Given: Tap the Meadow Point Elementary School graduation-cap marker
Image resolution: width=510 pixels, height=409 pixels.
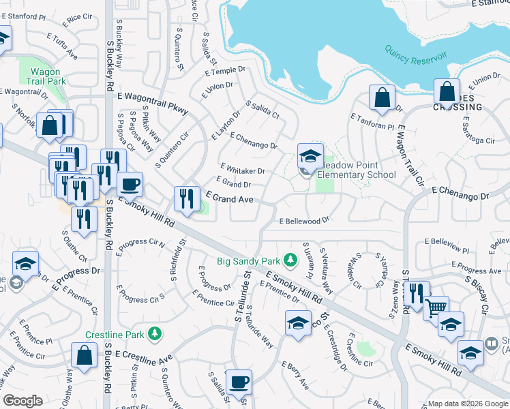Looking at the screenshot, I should (310, 157).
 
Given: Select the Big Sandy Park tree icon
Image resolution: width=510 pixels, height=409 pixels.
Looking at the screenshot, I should (290, 260).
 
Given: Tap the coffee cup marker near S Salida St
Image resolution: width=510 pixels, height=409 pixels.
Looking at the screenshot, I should (238, 382).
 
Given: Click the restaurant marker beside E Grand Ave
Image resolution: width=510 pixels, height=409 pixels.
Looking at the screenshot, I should (187, 199).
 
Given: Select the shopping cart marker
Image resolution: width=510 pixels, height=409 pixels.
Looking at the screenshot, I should (436, 307).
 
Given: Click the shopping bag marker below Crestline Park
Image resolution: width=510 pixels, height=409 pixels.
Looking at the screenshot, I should (84, 356).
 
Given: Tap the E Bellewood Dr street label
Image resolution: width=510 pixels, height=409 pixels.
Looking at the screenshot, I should (305, 221).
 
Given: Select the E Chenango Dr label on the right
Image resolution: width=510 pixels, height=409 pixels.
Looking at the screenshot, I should (460, 196).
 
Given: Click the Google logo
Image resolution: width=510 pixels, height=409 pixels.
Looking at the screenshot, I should (22, 401).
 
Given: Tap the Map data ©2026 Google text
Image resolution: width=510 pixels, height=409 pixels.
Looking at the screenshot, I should (467, 403).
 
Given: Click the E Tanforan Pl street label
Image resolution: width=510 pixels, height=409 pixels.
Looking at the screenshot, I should (372, 122).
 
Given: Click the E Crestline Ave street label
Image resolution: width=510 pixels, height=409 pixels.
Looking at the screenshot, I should (145, 357).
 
